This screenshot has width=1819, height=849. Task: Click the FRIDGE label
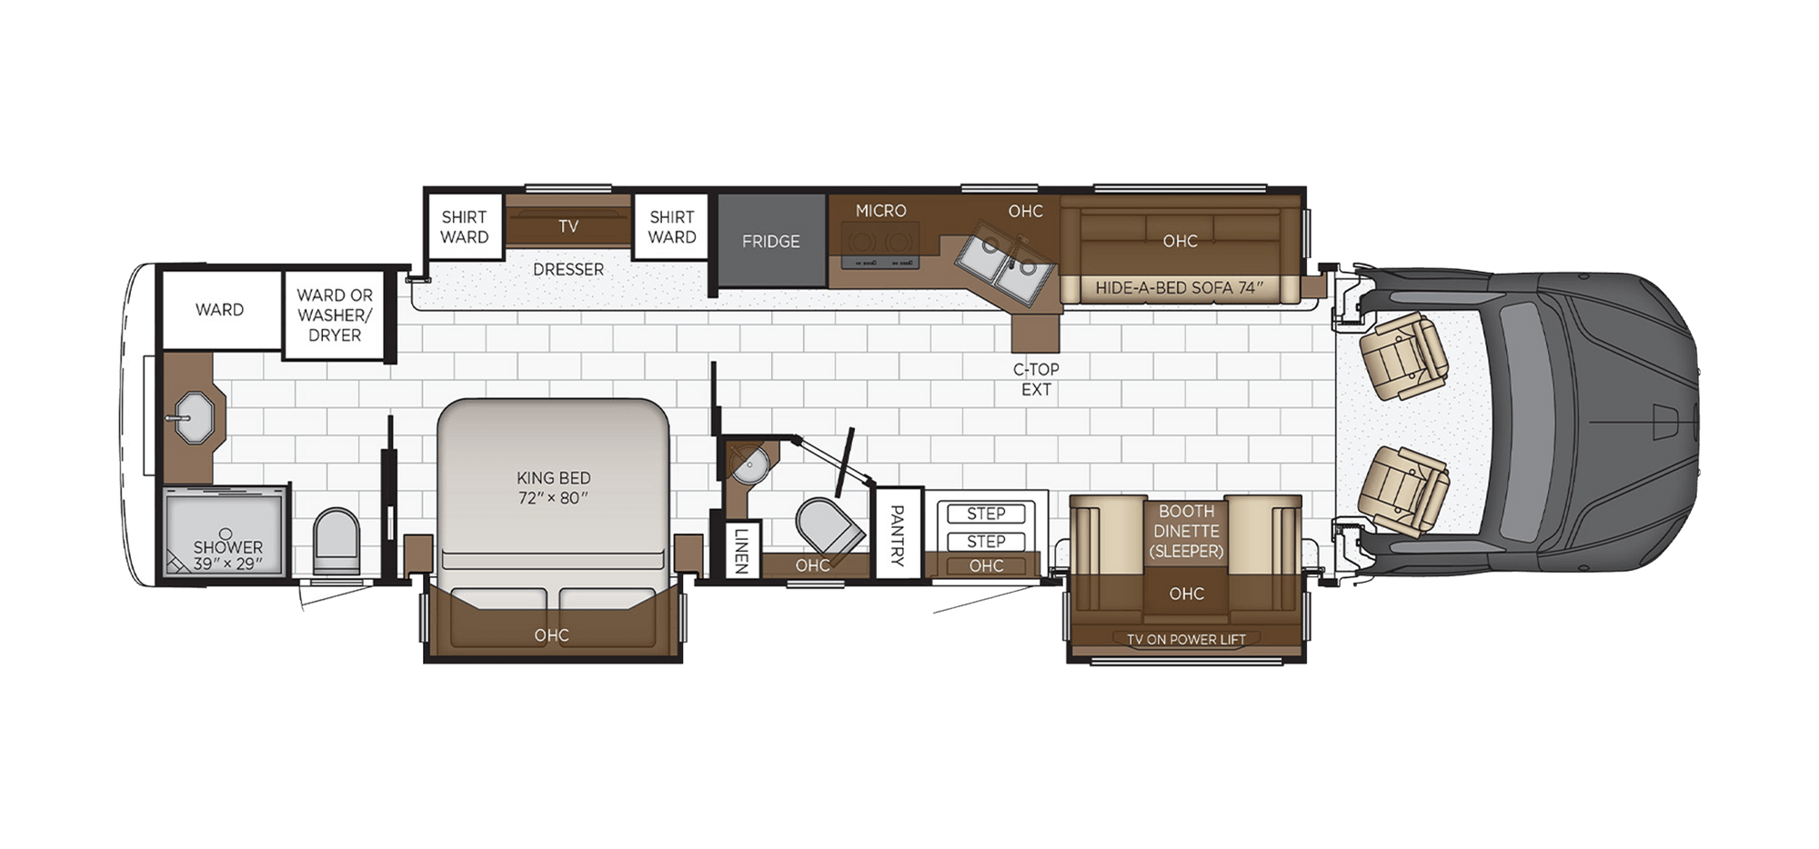(770, 242)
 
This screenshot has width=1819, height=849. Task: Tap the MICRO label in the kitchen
(880, 211)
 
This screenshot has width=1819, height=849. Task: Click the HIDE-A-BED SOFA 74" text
(1179, 288)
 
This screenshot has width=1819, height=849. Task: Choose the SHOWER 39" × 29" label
(227, 555)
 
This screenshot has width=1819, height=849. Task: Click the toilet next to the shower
(337, 540)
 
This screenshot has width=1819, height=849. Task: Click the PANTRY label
(896, 534)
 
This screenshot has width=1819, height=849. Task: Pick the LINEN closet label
(741, 551)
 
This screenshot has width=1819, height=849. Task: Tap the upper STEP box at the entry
(986, 514)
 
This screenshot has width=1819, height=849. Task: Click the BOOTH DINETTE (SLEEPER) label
(1186, 531)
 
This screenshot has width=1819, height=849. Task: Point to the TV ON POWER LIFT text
(1186, 640)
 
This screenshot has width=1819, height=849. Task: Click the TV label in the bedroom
(568, 226)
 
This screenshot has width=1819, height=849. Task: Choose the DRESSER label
(568, 270)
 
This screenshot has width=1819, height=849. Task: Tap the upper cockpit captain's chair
(1401, 355)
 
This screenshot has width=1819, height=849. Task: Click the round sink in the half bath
(751, 466)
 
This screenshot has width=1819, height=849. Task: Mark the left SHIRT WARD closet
(465, 227)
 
